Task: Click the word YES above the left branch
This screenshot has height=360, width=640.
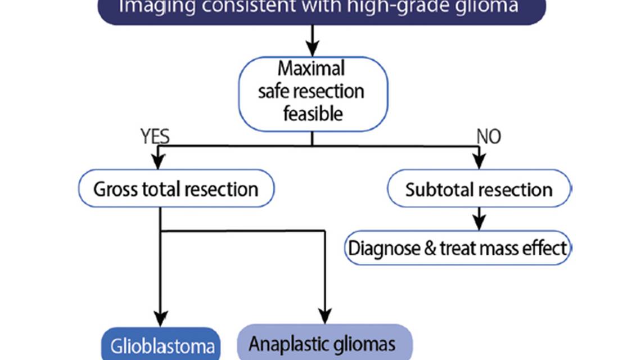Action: (x=154, y=136)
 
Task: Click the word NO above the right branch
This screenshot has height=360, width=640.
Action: (x=488, y=136)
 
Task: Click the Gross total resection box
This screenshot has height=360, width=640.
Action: (x=175, y=188)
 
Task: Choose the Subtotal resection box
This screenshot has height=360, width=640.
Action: (x=479, y=189)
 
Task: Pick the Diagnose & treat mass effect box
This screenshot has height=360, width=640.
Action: (x=458, y=247)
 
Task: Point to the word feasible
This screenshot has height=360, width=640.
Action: (x=313, y=114)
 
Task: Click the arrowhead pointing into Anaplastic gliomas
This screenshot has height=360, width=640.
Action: (x=324, y=315)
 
